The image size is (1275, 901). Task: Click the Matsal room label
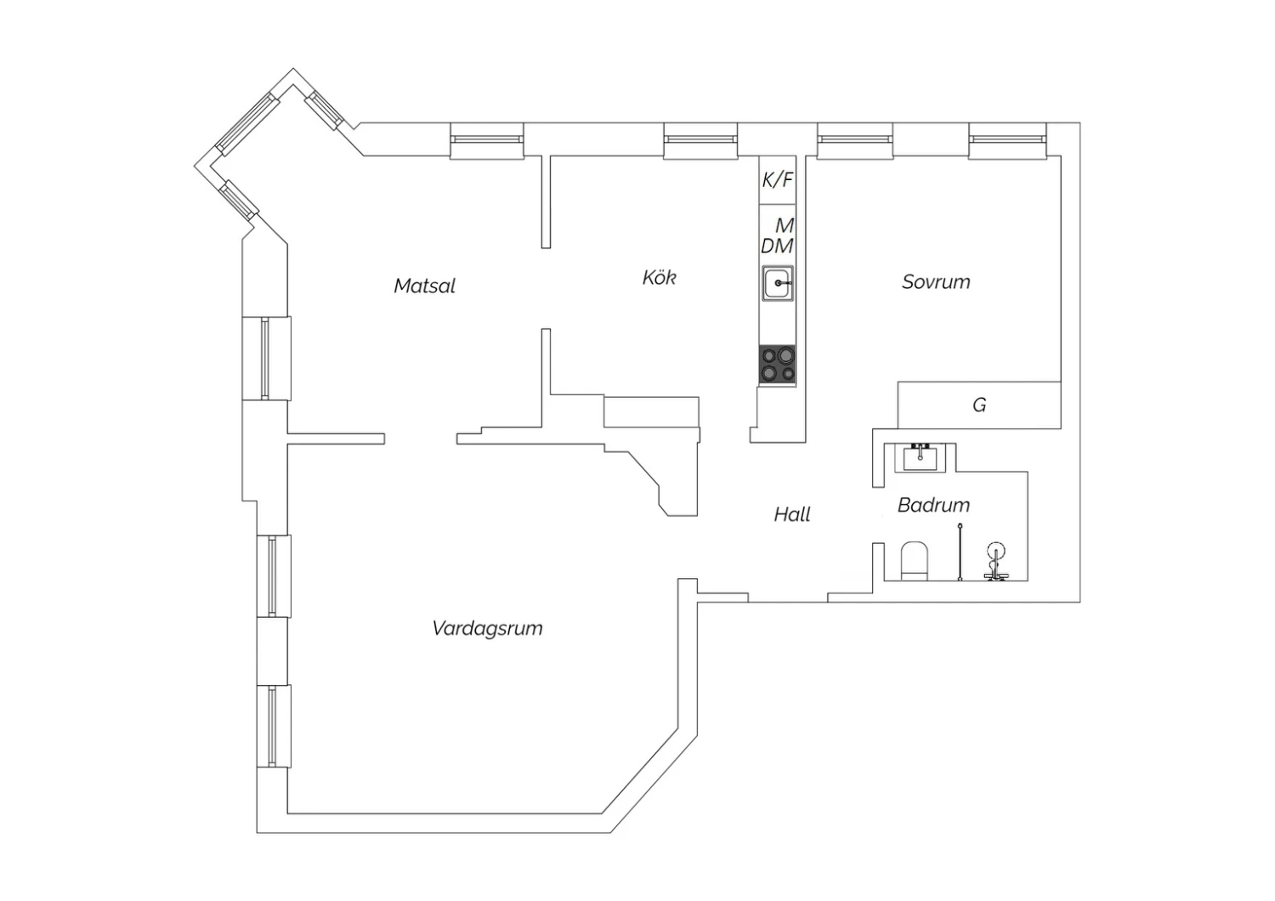tap(425, 286)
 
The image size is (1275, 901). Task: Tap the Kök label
tap(659, 278)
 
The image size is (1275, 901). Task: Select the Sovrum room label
tap(936, 281)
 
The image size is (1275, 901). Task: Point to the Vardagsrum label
tap(487, 628)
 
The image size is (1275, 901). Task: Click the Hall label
tap(791, 514)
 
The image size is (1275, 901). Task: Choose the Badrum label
tap(933, 505)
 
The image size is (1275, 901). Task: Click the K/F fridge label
tap(778, 180)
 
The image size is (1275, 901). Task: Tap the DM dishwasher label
tap(777, 246)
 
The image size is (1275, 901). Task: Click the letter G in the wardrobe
tap(979, 405)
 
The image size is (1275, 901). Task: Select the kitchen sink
tap(778, 283)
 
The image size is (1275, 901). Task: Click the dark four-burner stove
tap(778, 365)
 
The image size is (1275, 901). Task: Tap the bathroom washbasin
tap(920, 457)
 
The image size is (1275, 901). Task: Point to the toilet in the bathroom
tap(914, 561)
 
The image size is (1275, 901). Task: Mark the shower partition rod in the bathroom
tap(960, 552)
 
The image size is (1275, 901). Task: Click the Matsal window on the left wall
tap(266, 359)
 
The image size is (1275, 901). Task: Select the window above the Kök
tap(700, 140)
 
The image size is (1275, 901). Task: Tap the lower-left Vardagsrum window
tap(273, 727)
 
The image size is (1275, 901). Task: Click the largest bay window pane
tap(247, 124)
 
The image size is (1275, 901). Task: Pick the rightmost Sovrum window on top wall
tap(1007, 140)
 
